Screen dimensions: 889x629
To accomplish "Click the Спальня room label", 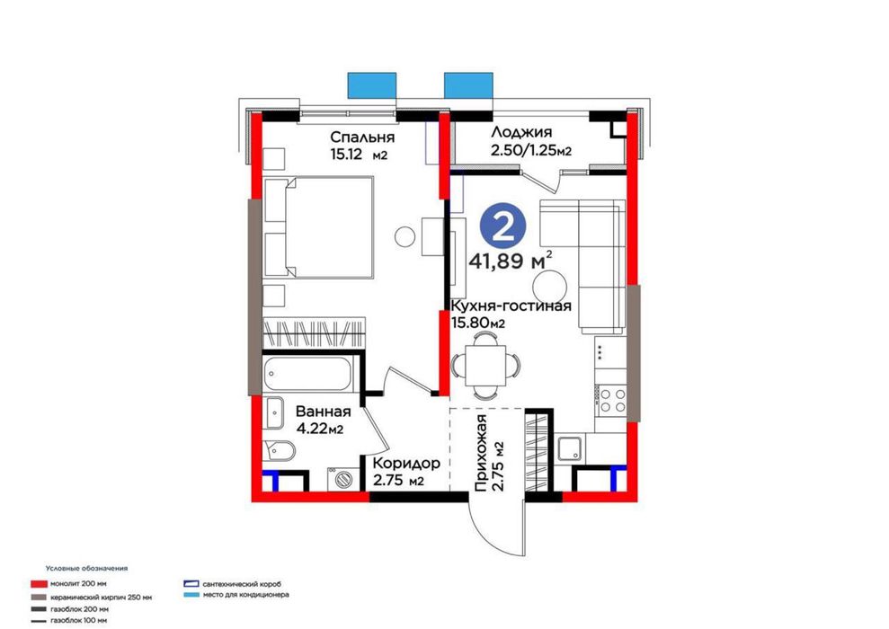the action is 362,137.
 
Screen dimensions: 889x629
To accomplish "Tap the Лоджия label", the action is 521,133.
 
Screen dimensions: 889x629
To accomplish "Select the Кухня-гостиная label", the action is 511,306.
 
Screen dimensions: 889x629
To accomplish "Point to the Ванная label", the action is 324,412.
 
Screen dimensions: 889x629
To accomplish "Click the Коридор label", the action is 406,464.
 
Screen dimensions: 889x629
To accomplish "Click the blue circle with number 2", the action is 502,226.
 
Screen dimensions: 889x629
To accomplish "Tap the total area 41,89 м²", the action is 511,261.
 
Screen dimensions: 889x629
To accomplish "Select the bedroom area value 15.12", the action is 346,155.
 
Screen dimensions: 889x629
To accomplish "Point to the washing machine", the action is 342,480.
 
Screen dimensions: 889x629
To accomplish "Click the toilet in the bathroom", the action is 279,452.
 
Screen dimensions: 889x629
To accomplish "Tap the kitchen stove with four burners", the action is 612,400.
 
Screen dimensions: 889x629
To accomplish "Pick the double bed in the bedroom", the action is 319,227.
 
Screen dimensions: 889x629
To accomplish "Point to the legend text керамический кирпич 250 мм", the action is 101,598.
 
